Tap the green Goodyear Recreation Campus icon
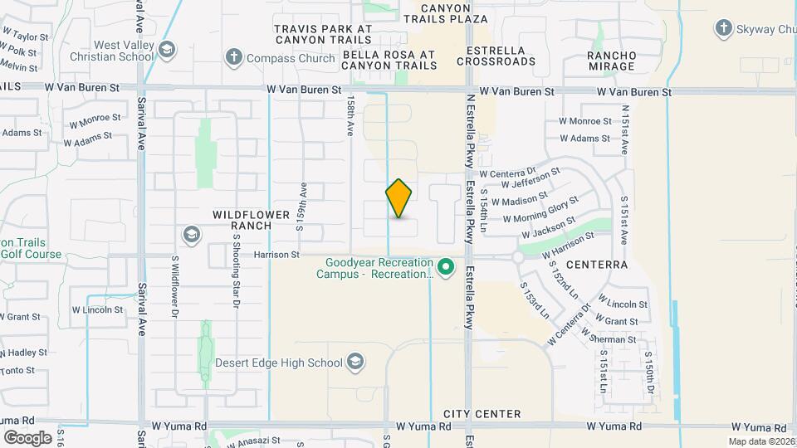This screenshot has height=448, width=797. (446, 266)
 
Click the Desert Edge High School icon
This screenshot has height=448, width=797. (355, 362)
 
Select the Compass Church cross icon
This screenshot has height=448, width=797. (234, 56)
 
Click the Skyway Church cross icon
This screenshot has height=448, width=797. (723, 29)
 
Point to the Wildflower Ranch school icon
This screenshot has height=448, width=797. (193, 236)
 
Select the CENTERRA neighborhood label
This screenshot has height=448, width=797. (597, 265)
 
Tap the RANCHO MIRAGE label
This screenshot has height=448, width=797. (599, 61)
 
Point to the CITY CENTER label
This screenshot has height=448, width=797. (482, 413)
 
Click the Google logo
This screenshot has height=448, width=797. (27, 437)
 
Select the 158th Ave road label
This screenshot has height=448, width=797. (350, 119)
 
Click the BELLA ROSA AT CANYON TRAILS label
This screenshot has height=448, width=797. (389, 60)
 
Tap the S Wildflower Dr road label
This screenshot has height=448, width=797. (175, 285)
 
